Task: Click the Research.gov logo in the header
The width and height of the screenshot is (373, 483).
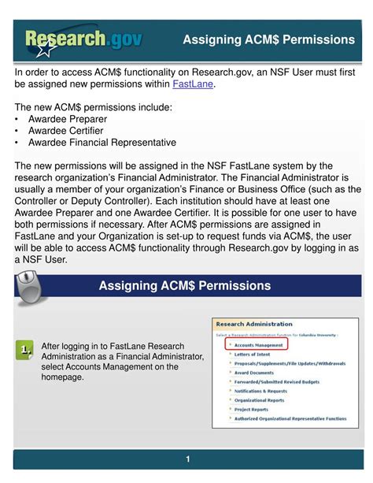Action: point(83,39)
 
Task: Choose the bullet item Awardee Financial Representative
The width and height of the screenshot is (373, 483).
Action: point(102,143)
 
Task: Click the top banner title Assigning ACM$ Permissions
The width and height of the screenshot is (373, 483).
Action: point(268,39)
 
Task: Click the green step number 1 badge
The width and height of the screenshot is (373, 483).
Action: point(27,348)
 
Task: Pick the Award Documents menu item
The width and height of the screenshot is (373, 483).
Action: point(253,373)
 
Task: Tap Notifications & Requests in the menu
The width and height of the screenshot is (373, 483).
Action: point(260,391)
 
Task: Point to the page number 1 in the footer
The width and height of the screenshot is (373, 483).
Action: point(188,459)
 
